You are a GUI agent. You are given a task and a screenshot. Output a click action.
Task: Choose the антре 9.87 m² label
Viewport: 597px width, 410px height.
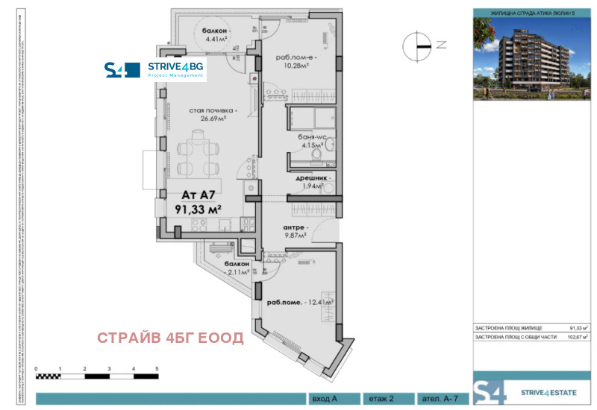click(x=296, y=232)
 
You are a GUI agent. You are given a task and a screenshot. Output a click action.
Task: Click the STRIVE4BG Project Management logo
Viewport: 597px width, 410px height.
click(x=155, y=70)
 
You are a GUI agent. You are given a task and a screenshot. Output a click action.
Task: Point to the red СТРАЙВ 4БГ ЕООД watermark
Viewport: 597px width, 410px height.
click(x=171, y=338)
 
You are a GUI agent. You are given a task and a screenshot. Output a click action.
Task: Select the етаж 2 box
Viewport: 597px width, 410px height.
click(x=381, y=399)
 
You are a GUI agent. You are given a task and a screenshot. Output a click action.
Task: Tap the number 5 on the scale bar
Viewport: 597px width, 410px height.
click(x=157, y=369)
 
